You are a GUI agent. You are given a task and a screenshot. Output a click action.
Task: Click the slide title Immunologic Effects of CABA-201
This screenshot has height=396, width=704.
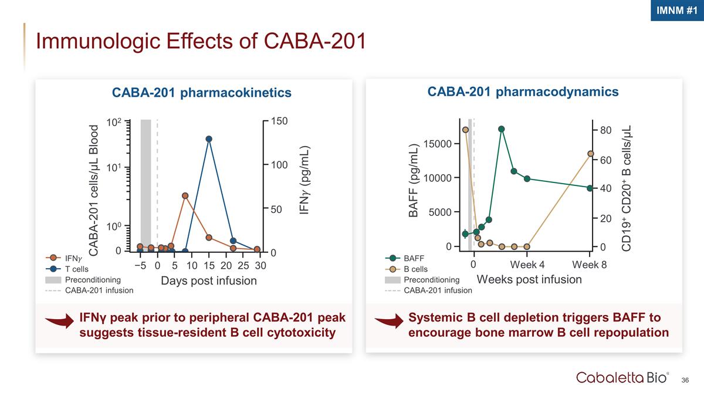(201, 41)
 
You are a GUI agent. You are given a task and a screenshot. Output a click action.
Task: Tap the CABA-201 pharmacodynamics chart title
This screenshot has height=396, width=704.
(523, 92)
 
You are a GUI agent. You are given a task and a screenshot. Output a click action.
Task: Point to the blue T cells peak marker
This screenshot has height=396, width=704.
(209, 139)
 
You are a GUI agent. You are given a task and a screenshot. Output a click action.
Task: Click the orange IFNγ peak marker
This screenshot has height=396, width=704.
(185, 195)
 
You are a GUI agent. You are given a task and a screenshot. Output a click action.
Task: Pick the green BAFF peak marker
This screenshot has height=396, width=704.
(502, 129)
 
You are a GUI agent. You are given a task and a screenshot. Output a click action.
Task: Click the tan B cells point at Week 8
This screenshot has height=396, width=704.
(590, 154)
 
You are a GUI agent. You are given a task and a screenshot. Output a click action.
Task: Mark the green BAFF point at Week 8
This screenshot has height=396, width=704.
(590, 188)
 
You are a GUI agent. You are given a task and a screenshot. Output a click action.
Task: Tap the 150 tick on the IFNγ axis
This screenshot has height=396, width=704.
(279, 121)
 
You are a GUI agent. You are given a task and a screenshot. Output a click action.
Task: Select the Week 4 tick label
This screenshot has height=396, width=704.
(527, 264)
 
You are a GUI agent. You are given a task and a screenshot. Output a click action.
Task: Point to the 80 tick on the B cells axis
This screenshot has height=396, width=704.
(607, 130)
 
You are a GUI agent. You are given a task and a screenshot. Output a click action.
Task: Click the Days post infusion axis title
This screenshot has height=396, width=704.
(208, 281)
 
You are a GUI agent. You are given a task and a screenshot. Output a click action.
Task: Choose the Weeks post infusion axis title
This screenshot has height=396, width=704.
(529, 279)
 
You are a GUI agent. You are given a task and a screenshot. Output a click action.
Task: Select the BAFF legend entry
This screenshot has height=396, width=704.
(414, 258)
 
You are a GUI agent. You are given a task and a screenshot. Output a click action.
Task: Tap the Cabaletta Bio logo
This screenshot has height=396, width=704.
(622, 377)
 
